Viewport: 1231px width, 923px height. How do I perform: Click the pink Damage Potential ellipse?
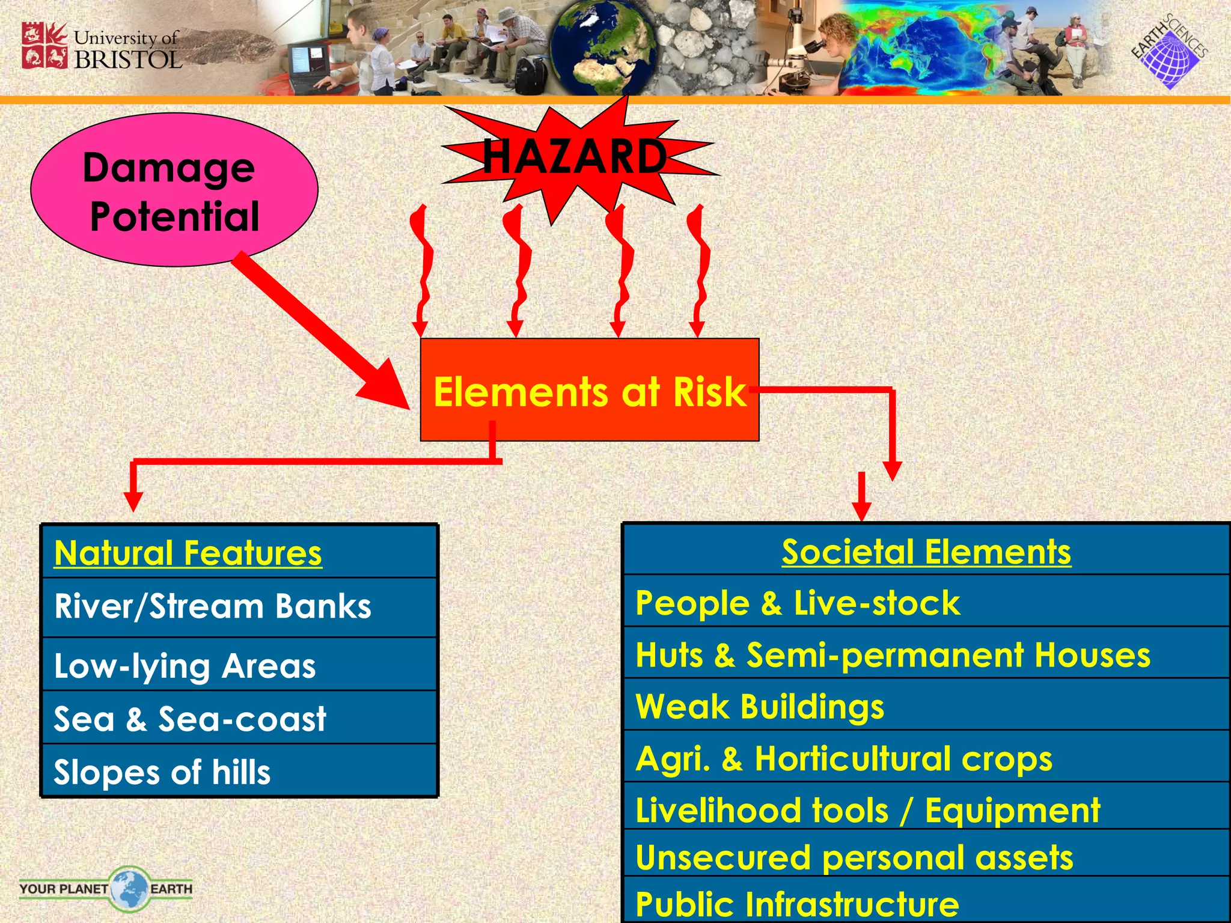pos(174,190)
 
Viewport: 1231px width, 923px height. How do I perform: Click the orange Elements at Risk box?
pos(589,391)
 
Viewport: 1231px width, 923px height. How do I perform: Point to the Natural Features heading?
pos(188,553)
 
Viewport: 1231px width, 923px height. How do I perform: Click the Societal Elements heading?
pos(926,552)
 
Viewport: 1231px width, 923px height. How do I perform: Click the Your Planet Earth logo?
pos(106,888)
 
